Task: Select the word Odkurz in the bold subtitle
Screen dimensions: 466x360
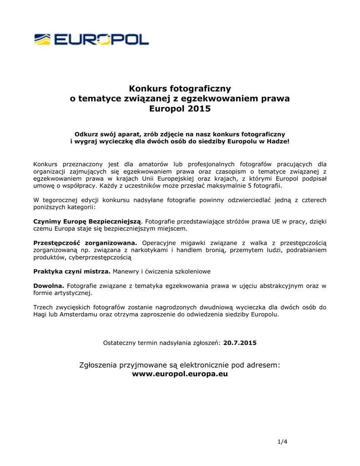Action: coord(86,134)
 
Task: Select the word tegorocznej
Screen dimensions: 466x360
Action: coord(61,200)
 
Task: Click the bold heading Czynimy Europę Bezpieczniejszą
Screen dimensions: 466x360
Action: coord(87,221)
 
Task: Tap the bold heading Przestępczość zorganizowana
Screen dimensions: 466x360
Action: coord(85,243)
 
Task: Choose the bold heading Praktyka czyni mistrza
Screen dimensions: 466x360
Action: coord(72,271)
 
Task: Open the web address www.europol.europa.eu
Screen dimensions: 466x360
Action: coord(180,375)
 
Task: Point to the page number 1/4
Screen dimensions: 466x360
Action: coord(283,442)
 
